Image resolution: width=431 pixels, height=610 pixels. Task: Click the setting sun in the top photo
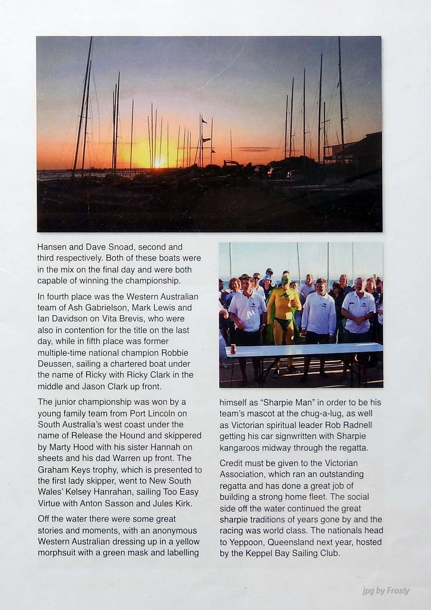pos(159,162)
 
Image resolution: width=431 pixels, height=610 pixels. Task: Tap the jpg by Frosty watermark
pos(386,591)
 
